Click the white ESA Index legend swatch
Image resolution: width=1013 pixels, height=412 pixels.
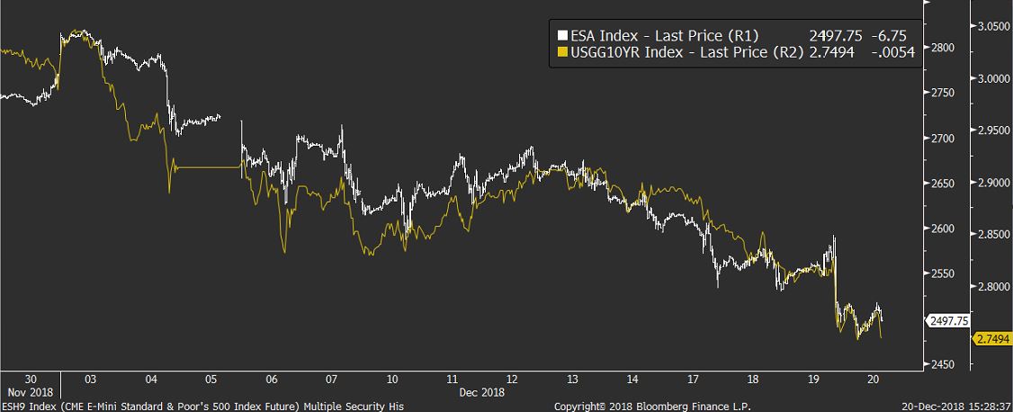[563, 36]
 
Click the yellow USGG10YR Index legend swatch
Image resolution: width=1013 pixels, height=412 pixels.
[563, 53]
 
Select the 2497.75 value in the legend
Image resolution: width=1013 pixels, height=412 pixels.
[836, 36]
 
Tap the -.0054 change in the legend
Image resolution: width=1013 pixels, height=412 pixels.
[893, 53]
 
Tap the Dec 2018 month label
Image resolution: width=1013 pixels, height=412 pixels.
[480, 393]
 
